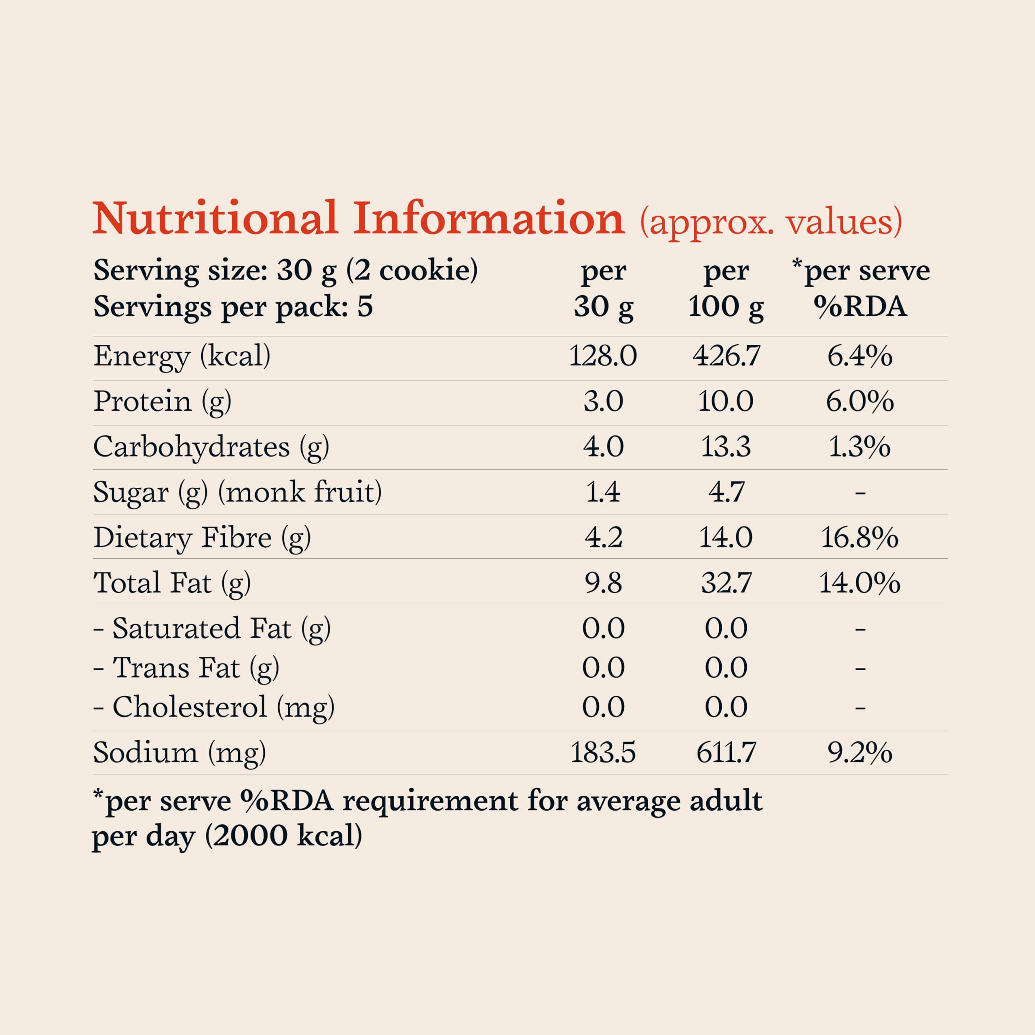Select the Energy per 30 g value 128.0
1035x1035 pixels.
click(603, 356)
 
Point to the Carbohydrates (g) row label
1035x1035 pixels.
click(211, 447)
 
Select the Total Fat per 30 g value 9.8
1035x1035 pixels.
click(603, 583)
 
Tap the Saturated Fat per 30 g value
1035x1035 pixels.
click(603, 628)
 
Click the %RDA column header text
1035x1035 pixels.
click(860, 307)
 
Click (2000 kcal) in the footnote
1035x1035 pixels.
click(283, 836)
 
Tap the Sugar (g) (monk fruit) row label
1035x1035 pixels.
click(237, 492)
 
